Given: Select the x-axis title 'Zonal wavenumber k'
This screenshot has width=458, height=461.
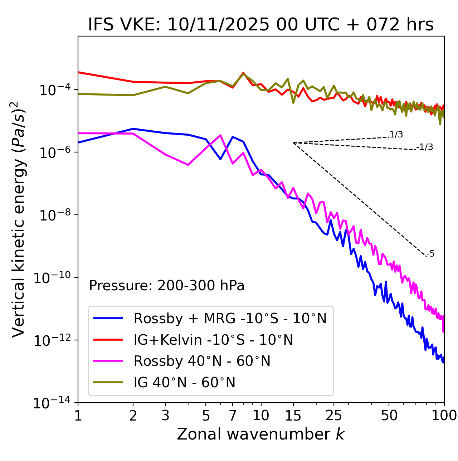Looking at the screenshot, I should pyautogui.click(x=261, y=434).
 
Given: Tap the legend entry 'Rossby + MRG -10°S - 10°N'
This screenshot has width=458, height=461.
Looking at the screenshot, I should pyautogui.click(x=230, y=318).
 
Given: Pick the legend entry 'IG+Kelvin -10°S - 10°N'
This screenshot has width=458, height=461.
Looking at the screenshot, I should pyautogui.click(x=213, y=340).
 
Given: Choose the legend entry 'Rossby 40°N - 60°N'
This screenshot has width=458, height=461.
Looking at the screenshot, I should pyautogui.click(x=202, y=361).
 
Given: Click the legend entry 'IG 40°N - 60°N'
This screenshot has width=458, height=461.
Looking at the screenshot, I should pyautogui.click(x=184, y=383).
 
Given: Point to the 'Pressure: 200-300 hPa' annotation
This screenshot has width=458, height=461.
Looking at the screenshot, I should pyautogui.click(x=167, y=286).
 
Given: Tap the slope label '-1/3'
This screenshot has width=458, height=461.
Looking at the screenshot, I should pyautogui.click(x=425, y=147).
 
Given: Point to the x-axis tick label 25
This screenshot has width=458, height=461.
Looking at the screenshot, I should pyautogui.click(x=334, y=415).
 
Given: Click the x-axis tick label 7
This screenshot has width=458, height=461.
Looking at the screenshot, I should pyautogui.click(x=233, y=415).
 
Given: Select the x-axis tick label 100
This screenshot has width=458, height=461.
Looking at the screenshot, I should pyautogui.click(x=444, y=415).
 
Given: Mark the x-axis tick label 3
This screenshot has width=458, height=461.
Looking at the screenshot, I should pyautogui.click(x=165, y=415).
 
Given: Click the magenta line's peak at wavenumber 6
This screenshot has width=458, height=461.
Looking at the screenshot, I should pyautogui.click(x=220, y=135).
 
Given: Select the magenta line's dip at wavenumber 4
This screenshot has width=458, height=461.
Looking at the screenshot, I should pyautogui.click(x=188, y=165).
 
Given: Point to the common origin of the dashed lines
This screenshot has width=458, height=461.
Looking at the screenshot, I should pyautogui.click(x=293, y=143).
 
